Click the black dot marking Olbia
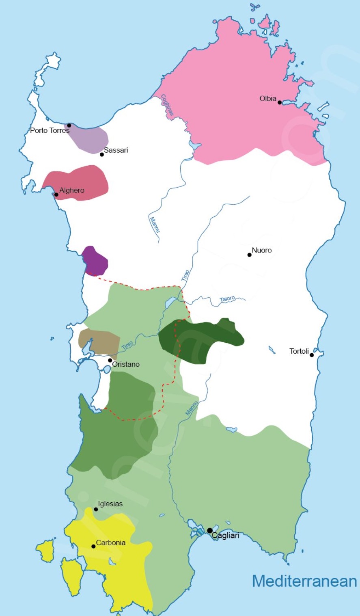(x=280, y=102)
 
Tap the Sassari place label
(x=116, y=150)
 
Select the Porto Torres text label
(x=50, y=131)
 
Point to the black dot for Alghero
(x=56, y=195)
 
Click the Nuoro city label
(x=262, y=250)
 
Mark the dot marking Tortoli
(x=312, y=355)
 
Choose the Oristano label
(x=126, y=364)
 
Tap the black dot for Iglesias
(x=96, y=509)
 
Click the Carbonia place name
(x=111, y=543)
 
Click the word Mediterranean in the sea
(x=304, y=581)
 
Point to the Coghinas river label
(x=167, y=105)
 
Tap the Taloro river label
(x=227, y=299)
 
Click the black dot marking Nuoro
(x=250, y=255)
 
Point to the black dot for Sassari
(x=102, y=154)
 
